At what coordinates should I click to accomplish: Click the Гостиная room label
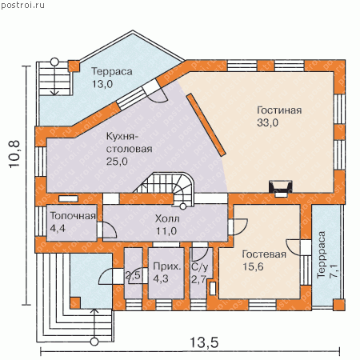pyautogui.click(x=279, y=110)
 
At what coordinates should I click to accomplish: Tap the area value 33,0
pyautogui.click(x=267, y=122)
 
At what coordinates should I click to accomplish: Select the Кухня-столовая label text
pyautogui.click(x=130, y=142)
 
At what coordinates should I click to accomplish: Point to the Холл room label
pyautogui.click(x=167, y=218)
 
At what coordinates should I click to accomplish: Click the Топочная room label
pyautogui.click(x=73, y=216)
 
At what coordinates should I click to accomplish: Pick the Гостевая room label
pyautogui.click(x=264, y=254)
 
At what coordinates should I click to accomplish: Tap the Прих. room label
pyautogui.click(x=167, y=266)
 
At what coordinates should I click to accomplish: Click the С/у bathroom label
pyautogui.click(x=200, y=266)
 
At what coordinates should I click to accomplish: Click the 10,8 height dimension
pyautogui.click(x=14, y=154)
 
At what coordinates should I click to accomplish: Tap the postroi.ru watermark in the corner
pyautogui.click(x=22, y=5)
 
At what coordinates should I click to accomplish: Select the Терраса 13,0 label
pyautogui.click(x=112, y=78)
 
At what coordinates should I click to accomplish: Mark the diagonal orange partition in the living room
pyautogui.click(x=206, y=124)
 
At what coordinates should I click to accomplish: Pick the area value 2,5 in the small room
pyautogui.click(x=133, y=275)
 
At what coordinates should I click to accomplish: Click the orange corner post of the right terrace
pyautogui.click(x=339, y=305)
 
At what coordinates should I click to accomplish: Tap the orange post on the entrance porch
pyautogui.click(x=75, y=303)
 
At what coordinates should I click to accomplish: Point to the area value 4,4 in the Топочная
pyautogui.click(x=58, y=228)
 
